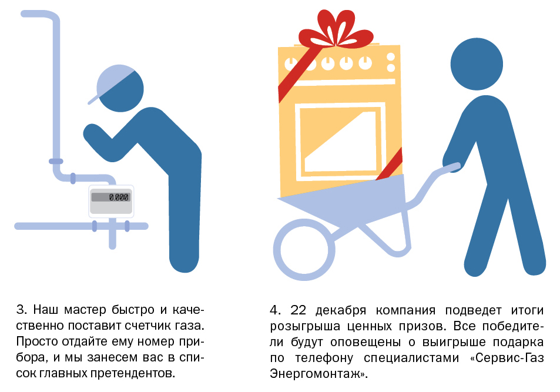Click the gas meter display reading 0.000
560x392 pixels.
(110, 197)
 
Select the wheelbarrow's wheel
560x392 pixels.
(304, 250)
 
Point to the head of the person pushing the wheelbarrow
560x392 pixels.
(477, 64)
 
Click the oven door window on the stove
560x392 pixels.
(340, 141)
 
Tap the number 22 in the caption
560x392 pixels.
(298, 310)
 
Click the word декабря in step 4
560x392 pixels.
(341, 311)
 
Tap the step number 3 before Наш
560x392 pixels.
(21, 310)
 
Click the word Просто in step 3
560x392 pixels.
(38, 341)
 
